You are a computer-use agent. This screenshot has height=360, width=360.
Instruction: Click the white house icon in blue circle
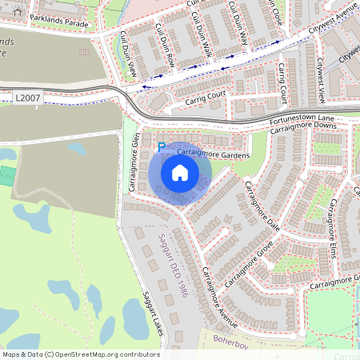point(180,173)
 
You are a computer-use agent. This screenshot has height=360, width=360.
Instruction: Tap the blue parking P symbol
point(161,147)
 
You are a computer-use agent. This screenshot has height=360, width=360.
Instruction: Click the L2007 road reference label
point(26,97)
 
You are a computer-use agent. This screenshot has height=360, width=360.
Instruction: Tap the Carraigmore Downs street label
point(303,129)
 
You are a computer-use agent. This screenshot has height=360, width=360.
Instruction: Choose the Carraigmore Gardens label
point(210,153)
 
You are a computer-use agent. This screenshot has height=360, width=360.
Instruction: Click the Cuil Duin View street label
point(128,55)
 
